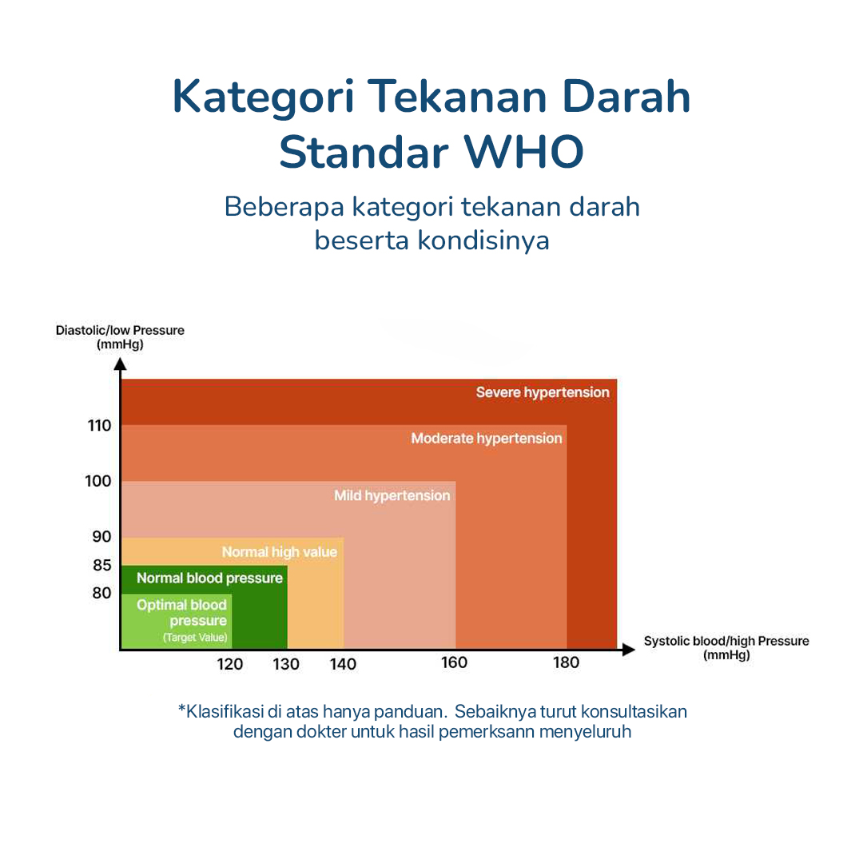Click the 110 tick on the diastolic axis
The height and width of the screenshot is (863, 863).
click(99, 425)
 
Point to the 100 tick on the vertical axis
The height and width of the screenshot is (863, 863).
click(98, 481)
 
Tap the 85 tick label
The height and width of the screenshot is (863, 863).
click(101, 565)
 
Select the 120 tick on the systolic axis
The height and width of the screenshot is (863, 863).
click(230, 664)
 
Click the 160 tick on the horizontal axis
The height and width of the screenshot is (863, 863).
click(454, 662)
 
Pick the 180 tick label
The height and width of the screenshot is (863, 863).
click(566, 662)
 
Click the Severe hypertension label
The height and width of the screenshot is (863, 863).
click(543, 392)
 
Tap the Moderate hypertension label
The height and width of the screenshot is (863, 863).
click(487, 439)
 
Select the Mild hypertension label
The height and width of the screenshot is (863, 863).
click(392, 496)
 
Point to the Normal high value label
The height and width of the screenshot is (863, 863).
click(280, 552)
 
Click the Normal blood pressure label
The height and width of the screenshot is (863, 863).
click(209, 578)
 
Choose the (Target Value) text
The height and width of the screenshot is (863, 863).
click(196, 638)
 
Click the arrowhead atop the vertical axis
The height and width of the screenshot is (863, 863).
click(120, 364)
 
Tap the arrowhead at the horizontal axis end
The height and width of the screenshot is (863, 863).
click(629, 650)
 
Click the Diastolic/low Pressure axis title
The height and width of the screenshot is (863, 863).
click(120, 337)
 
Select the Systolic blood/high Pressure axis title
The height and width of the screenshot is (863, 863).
click(726, 648)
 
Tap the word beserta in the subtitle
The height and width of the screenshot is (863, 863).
click(362, 241)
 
